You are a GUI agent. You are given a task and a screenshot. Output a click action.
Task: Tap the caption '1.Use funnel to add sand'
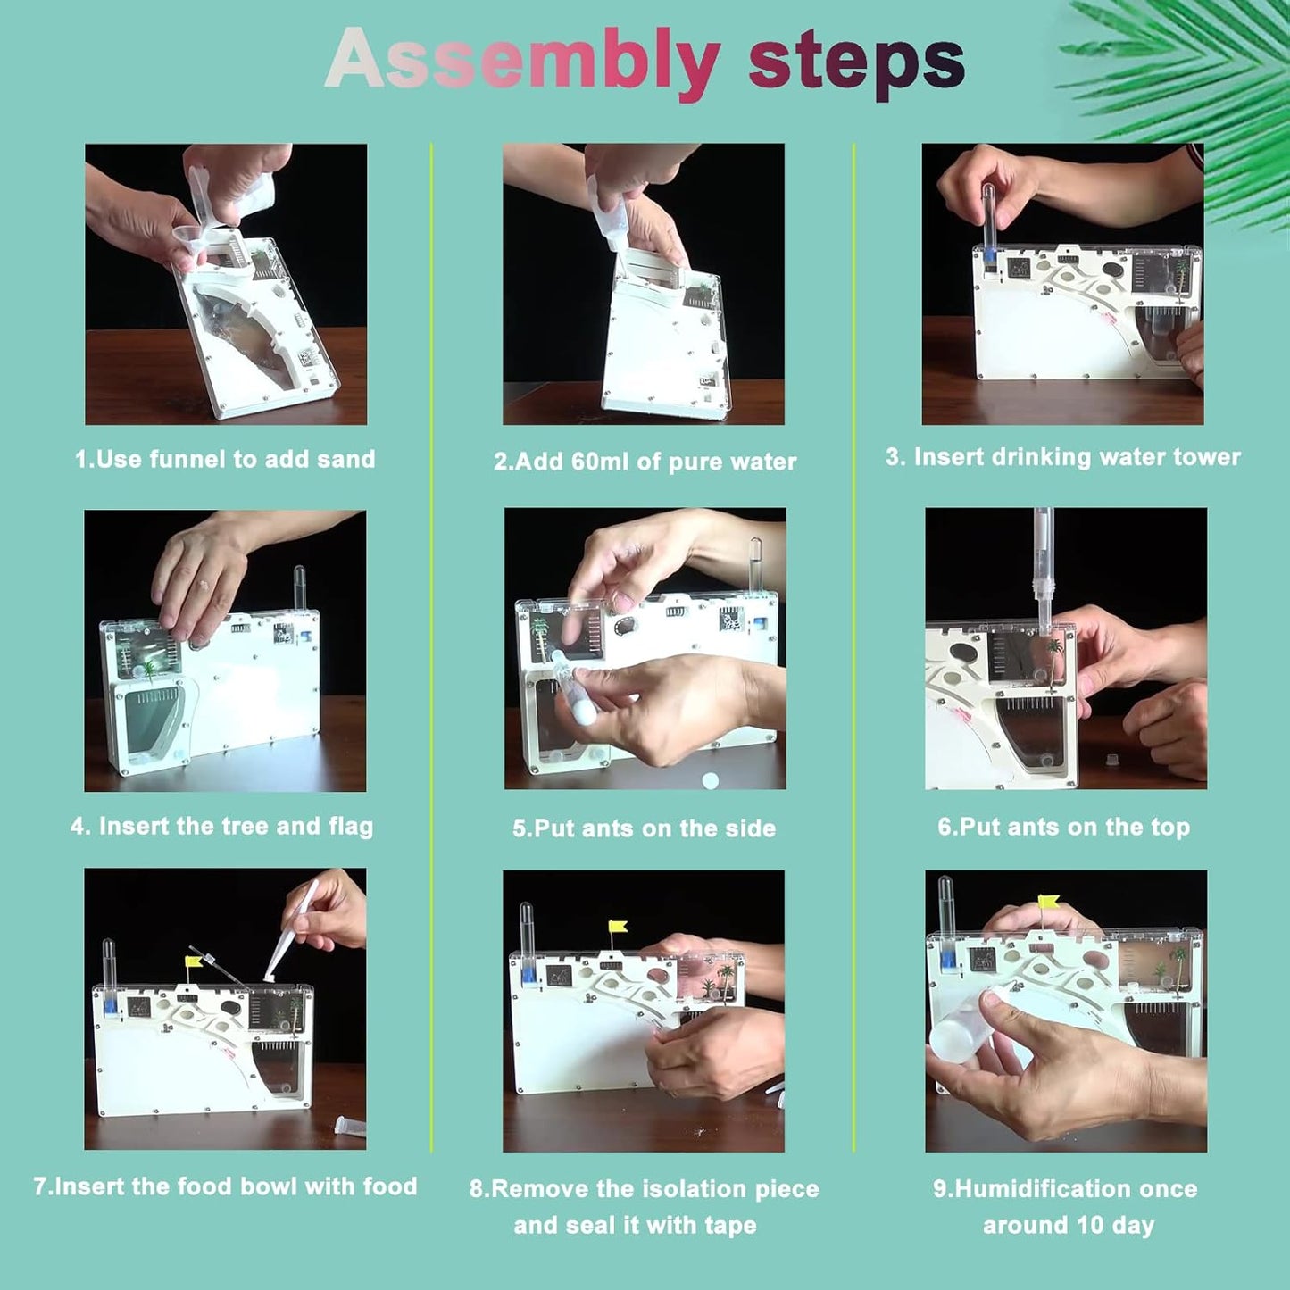click(x=225, y=459)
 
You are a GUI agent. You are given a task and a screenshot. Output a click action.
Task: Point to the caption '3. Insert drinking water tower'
click(x=1063, y=457)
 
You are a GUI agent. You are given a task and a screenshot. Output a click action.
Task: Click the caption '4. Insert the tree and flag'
click(x=221, y=827)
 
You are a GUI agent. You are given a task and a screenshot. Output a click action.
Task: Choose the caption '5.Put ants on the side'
click(x=644, y=828)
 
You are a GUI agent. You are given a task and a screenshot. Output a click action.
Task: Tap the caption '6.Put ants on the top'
click(x=1064, y=828)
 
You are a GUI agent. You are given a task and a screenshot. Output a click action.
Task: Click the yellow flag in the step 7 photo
click(x=194, y=962)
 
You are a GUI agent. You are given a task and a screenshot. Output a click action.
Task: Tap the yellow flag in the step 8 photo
click(x=617, y=928)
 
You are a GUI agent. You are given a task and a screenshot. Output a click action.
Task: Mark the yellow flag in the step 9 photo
click(x=1048, y=901)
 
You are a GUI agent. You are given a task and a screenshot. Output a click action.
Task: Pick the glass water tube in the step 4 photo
click(x=299, y=588)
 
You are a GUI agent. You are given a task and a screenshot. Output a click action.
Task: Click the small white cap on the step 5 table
click(x=709, y=780)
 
